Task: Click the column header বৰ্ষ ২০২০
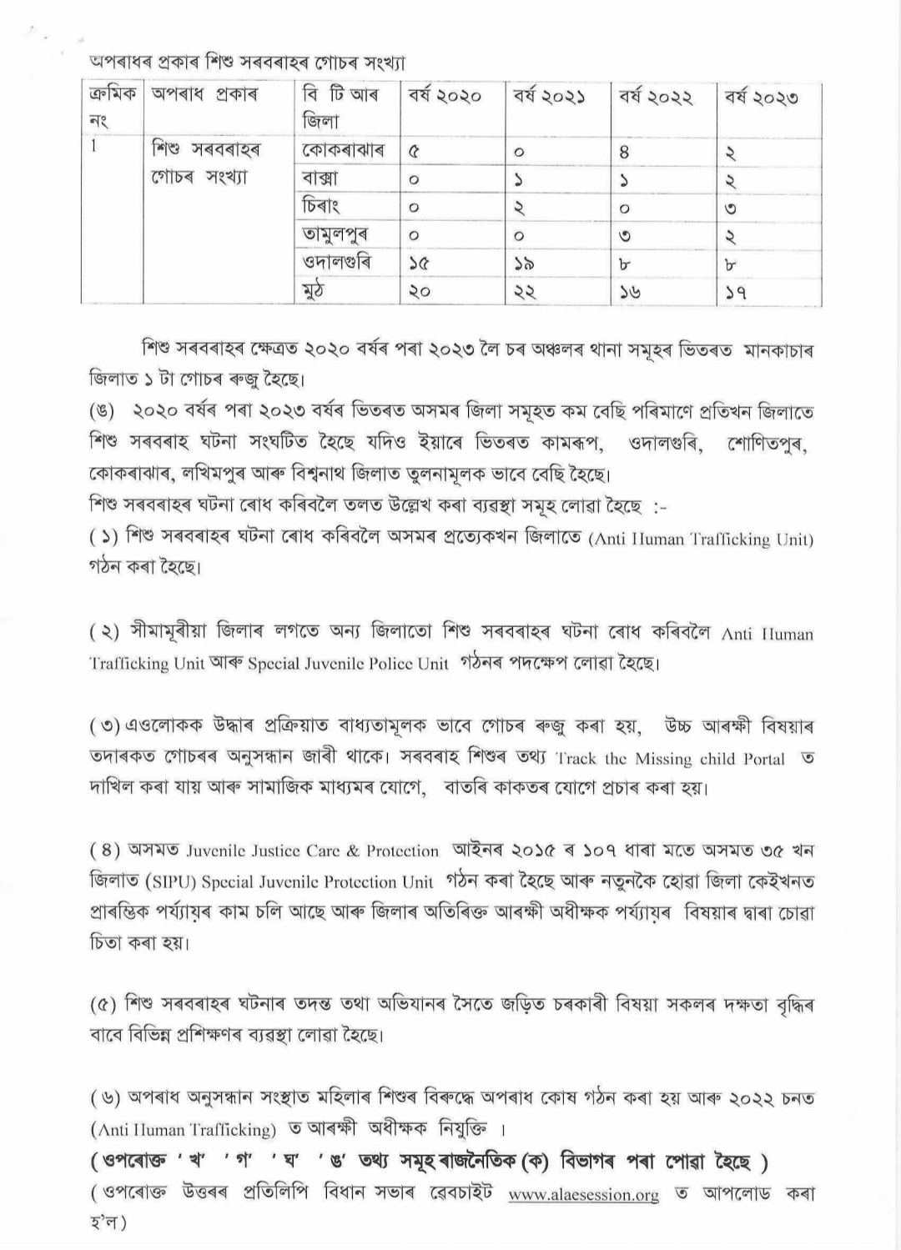coord(445,97)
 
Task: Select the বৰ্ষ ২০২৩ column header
coord(760,97)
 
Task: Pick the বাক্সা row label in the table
coord(320,178)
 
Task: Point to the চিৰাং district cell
coord(321,206)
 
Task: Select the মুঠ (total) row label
coord(314,291)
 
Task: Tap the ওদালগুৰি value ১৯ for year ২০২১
coord(525,264)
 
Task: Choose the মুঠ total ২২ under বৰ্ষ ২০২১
coord(525,292)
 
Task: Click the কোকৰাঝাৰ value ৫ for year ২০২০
coord(415,153)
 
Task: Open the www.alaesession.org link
coord(583,1195)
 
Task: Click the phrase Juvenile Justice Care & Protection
coord(313,851)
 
